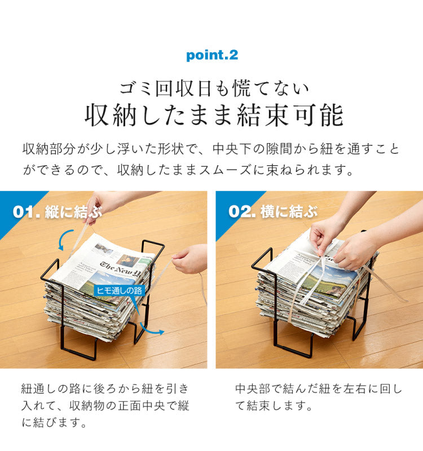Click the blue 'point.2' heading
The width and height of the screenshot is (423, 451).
tap(211, 55)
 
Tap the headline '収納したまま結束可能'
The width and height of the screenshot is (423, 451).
tap(214, 115)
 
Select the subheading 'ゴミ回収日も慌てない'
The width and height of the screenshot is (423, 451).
tap(214, 87)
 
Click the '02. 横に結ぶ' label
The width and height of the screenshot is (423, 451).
tap(273, 212)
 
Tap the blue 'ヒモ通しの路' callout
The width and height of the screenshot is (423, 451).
tap(119, 290)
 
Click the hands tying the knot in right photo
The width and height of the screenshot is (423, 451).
tap(338, 240)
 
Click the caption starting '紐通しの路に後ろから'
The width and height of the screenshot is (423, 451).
tap(105, 405)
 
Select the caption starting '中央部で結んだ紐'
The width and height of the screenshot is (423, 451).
tap(319, 397)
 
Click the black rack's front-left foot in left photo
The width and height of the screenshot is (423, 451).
tap(79, 352)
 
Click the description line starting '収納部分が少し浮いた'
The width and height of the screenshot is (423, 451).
tap(211, 149)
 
